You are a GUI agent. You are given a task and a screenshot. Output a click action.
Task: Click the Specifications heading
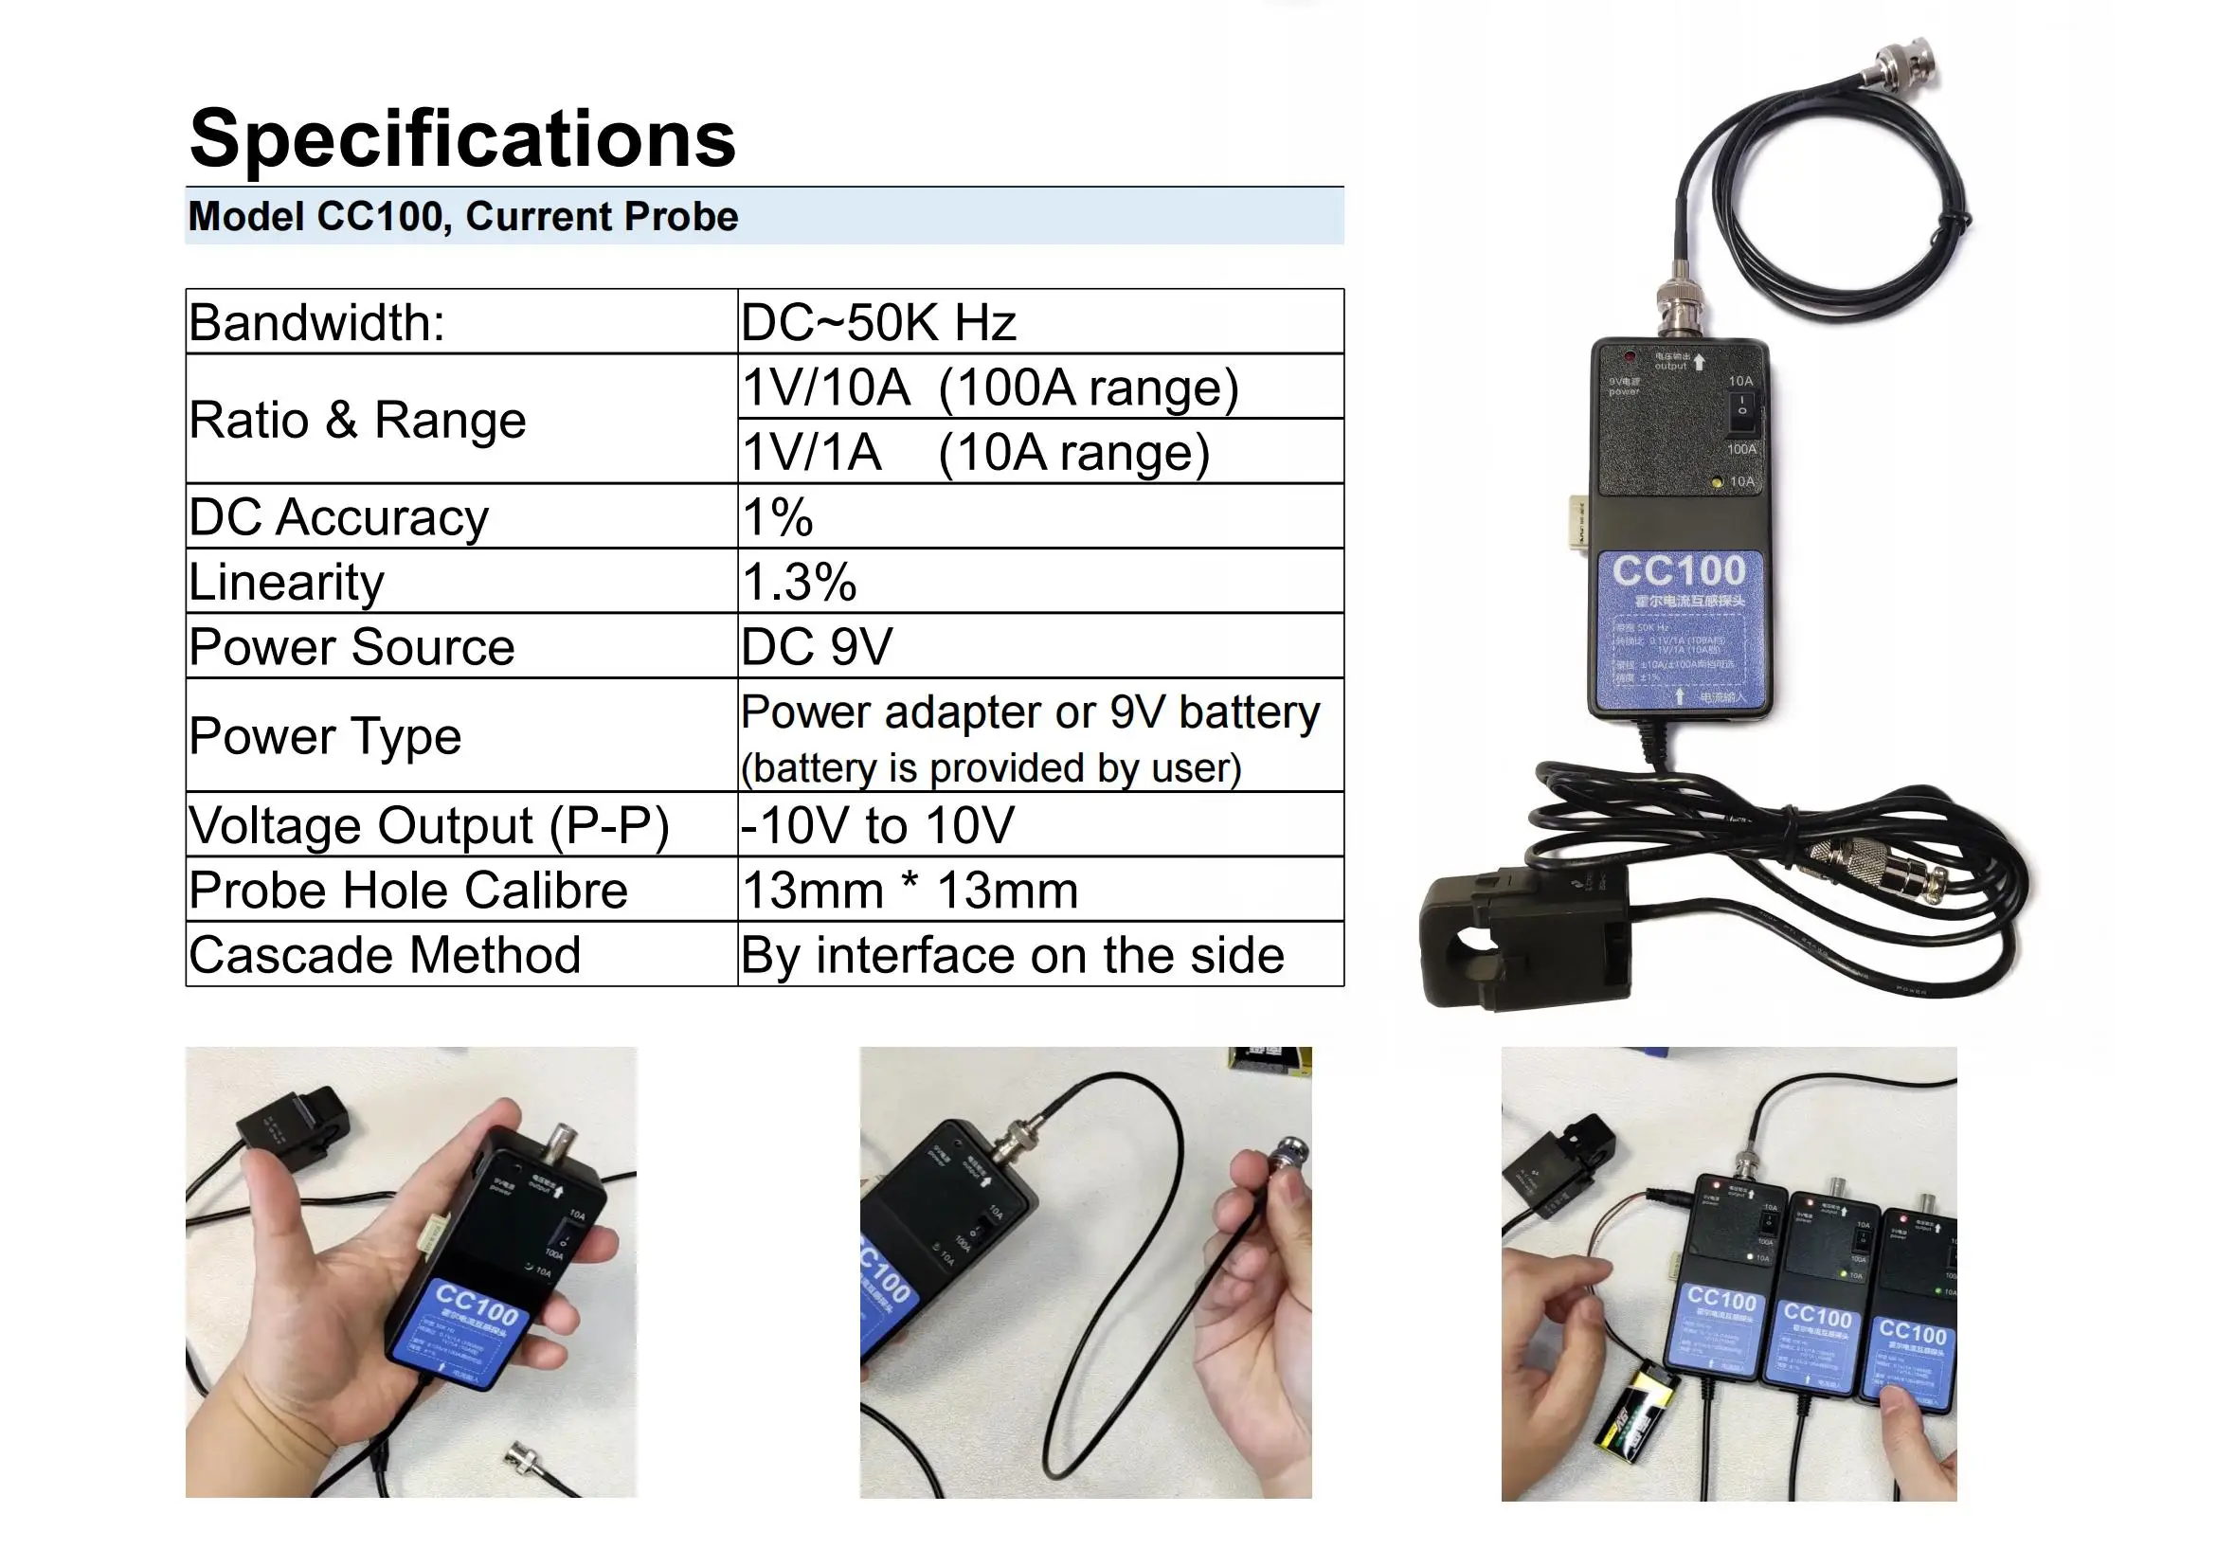(462, 138)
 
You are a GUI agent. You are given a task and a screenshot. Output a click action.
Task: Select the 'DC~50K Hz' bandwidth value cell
(878, 322)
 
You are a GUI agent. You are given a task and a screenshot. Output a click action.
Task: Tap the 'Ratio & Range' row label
(357, 420)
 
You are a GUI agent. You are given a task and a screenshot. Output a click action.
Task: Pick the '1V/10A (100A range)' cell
(989, 387)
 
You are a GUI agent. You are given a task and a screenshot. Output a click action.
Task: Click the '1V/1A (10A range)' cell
(975, 452)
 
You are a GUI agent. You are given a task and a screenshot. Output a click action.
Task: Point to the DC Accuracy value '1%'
(778, 517)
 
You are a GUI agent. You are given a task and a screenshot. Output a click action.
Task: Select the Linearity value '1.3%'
(800, 582)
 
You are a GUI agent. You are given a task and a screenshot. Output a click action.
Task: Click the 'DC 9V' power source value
(817, 646)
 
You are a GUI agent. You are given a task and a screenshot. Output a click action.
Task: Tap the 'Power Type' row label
(325, 736)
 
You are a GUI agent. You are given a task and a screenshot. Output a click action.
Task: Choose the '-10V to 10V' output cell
(877, 826)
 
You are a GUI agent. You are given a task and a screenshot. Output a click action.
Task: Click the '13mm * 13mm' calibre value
(910, 890)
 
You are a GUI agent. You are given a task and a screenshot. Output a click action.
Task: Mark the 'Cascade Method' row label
(384, 955)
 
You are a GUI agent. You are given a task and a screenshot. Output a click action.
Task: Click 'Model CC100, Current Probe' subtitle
(463, 216)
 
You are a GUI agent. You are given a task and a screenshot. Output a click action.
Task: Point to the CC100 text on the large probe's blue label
(1679, 571)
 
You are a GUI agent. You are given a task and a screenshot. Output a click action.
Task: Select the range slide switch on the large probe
(1741, 411)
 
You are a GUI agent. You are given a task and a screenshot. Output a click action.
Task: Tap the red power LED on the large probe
(1630, 357)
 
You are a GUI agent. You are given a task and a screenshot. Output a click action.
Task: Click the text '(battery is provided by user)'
(990, 768)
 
